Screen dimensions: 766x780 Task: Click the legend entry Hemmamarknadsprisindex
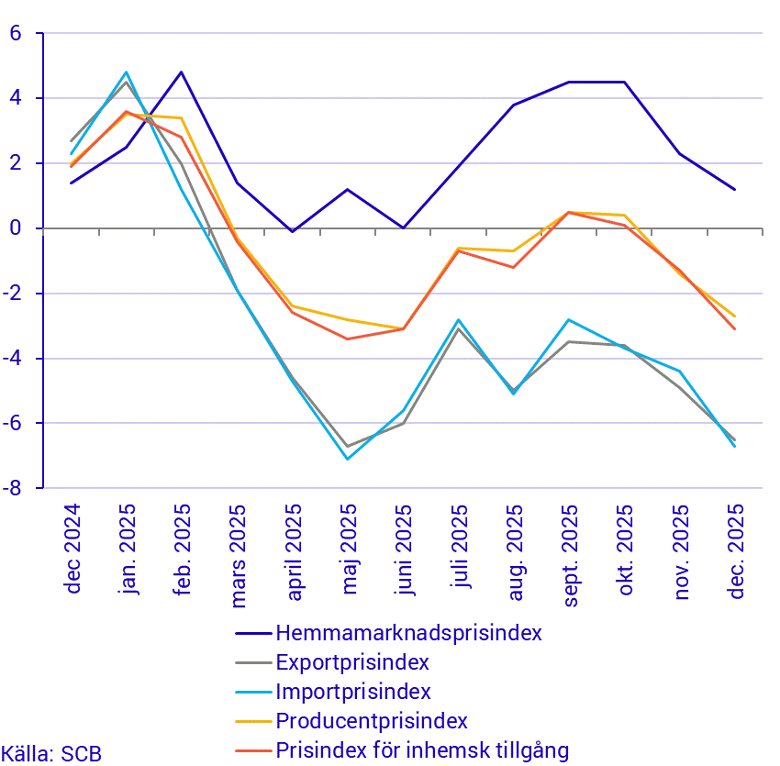pyautogui.click(x=408, y=633)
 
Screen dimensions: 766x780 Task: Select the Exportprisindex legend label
pyautogui.click(x=352, y=662)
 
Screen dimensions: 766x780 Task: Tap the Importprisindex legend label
pyautogui.click(x=353, y=692)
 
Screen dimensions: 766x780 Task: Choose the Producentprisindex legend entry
pyautogui.click(x=372, y=721)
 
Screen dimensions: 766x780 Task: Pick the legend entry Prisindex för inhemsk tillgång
pyautogui.click(x=422, y=750)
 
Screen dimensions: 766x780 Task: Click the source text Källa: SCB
pyautogui.click(x=51, y=754)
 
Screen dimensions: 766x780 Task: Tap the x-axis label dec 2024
pyautogui.click(x=72, y=549)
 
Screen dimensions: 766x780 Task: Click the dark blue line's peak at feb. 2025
pyautogui.click(x=182, y=72)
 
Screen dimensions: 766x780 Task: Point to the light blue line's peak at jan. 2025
pyautogui.click(x=127, y=72)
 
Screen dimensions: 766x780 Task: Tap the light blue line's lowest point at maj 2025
pyautogui.click(x=348, y=459)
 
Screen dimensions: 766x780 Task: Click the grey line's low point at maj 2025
pyautogui.click(x=348, y=446)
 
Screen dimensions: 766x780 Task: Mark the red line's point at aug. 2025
pyautogui.click(x=514, y=267)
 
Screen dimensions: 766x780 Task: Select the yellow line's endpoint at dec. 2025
pyautogui.click(x=735, y=316)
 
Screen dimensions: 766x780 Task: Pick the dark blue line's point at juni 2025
pyautogui.click(x=403, y=228)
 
